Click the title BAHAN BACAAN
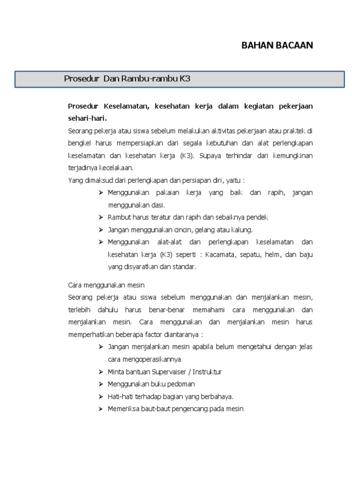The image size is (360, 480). click(277, 45)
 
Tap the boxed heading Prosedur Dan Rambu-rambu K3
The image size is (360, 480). click(127, 79)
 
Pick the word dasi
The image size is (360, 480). click(158, 205)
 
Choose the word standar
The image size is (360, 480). click(184, 267)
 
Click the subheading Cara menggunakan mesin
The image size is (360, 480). click(106, 285)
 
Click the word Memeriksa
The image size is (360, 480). click(122, 409)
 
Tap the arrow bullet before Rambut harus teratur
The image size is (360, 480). click(101, 217)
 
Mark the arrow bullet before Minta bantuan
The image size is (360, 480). click(101, 372)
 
